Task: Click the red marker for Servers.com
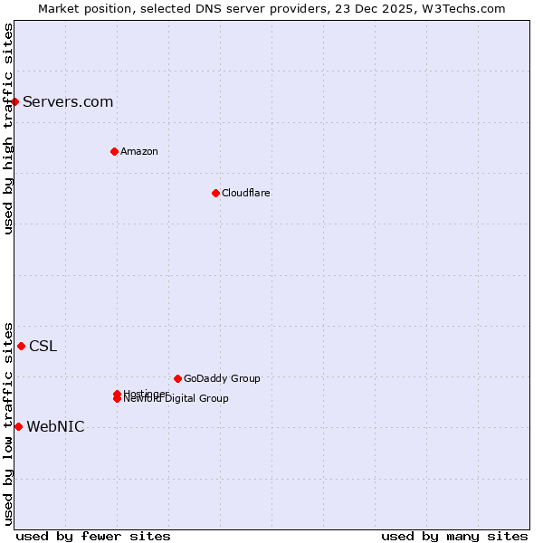point(15,101)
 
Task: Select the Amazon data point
point(114,151)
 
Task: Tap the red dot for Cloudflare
point(215,193)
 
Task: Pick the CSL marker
point(21,346)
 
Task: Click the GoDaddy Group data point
point(177,378)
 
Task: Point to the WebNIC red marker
point(18,426)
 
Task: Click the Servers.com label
point(68,101)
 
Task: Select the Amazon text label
point(138,151)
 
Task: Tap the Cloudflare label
point(245,193)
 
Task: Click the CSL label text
point(43,346)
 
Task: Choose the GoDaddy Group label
point(222,378)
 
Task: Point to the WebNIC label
point(55,427)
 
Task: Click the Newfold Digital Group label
point(177,399)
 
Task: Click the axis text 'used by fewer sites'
point(93,536)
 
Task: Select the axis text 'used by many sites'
point(454,536)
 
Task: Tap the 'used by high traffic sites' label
point(8,129)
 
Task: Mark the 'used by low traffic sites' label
point(8,423)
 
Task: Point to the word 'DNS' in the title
point(236,8)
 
